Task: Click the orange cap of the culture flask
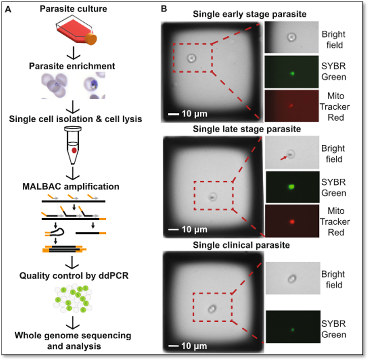pos(91,39)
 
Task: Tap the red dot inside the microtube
pos(74,150)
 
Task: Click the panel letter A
pos(8,10)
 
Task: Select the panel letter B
pos(164,9)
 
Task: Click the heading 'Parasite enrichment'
pos(72,66)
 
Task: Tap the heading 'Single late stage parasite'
pos(247,129)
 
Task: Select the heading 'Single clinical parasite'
pos(241,245)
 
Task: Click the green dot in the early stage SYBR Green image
pos(292,73)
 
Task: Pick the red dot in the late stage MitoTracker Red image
pos(292,221)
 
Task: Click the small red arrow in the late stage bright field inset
pos(284,158)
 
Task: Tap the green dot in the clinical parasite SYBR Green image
pos(292,330)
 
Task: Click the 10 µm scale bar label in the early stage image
pos(194,114)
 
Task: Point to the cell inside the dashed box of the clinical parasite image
pos(212,309)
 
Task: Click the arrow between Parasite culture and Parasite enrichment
pos(73,53)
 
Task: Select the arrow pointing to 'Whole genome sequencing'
pos(73,323)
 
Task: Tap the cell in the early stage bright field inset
pos(291,37)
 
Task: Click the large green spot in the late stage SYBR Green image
pos(291,187)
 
